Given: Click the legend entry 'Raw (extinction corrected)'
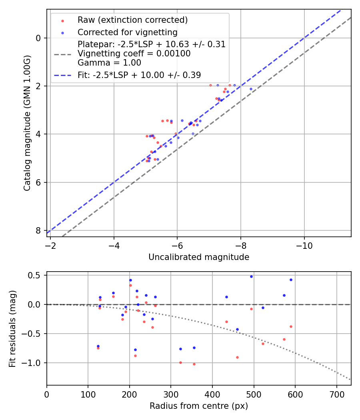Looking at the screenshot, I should (132, 20).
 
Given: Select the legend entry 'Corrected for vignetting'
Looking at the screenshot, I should (127, 32).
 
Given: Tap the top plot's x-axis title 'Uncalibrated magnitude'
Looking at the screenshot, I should (199, 257).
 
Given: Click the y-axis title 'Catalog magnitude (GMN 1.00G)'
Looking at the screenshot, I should (27, 123).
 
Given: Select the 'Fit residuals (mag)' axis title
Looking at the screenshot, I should (12, 328).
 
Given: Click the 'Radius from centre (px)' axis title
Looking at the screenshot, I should (199, 406).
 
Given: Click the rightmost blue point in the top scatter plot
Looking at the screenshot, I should (251, 89).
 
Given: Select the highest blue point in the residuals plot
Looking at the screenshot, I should (251, 276).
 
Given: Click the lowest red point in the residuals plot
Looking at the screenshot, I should (194, 364).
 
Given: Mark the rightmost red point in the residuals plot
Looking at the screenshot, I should (291, 326).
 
